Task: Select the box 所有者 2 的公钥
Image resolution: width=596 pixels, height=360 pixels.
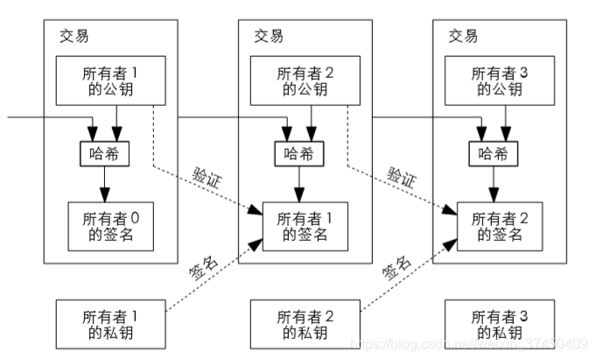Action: point(300,80)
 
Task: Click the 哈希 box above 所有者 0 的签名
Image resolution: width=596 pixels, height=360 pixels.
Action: point(103,154)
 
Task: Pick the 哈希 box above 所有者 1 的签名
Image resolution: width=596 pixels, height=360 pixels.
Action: point(300,154)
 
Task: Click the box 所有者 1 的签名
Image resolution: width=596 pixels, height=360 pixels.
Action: point(300,226)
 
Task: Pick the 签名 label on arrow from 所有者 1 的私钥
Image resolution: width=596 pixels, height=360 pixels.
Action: point(203,268)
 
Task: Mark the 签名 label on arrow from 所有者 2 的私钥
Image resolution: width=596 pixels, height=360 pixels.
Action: point(396,268)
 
